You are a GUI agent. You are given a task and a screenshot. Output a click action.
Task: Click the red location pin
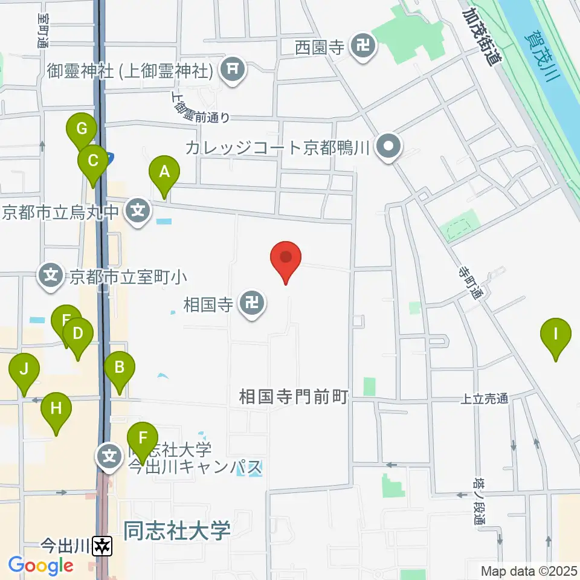pyautogui.click(x=286, y=259)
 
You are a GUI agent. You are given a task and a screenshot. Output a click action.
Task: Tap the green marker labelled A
pyautogui.click(x=163, y=173)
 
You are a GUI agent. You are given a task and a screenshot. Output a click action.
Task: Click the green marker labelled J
pyautogui.click(x=24, y=370)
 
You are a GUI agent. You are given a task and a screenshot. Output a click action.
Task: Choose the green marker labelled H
pyautogui.click(x=56, y=409)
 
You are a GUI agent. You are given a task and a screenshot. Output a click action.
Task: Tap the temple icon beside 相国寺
pyautogui.click(x=252, y=303)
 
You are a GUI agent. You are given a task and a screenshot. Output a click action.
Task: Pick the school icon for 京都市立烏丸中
pyautogui.click(x=138, y=211)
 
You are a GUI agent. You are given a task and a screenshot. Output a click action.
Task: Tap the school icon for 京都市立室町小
pyautogui.click(x=51, y=277)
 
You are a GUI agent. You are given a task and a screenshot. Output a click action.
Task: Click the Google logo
pyautogui.click(x=40, y=565)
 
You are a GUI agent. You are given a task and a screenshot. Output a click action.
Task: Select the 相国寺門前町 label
pyautogui.click(x=294, y=397)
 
